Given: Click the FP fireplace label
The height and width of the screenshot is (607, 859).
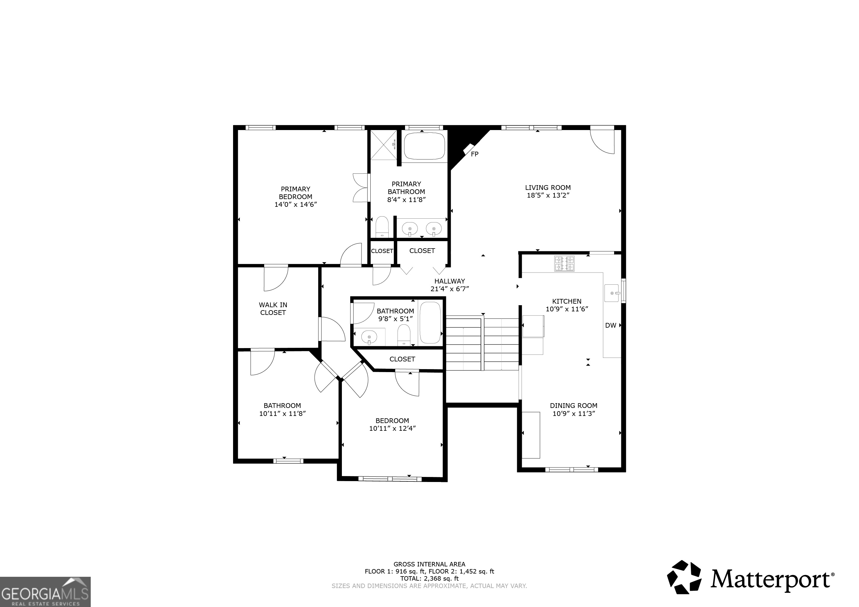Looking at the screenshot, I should (x=474, y=154).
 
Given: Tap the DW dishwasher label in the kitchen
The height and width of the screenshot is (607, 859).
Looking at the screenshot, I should (x=611, y=325).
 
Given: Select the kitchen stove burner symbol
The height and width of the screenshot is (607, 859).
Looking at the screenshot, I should (x=564, y=263).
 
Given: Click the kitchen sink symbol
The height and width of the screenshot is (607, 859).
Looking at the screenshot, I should (x=612, y=293).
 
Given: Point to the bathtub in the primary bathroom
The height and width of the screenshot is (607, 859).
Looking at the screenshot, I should (x=424, y=146).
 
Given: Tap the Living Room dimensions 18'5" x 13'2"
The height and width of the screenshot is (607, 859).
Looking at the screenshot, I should (x=548, y=195).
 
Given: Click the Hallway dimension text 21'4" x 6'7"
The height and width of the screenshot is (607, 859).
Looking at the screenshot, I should (x=450, y=289).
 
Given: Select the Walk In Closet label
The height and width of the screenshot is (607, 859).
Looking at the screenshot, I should (x=273, y=309).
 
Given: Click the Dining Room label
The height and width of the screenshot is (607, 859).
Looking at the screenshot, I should (x=573, y=406).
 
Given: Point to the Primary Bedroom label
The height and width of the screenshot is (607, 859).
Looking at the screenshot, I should (x=296, y=193).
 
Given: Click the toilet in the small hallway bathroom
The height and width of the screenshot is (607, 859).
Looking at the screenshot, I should (x=404, y=335).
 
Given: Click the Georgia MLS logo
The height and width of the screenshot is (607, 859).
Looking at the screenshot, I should (x=45, y=592).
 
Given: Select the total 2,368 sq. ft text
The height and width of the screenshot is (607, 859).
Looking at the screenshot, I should (x=429, y=578).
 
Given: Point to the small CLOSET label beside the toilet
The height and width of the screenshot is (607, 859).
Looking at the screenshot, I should (x=382, y=251).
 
